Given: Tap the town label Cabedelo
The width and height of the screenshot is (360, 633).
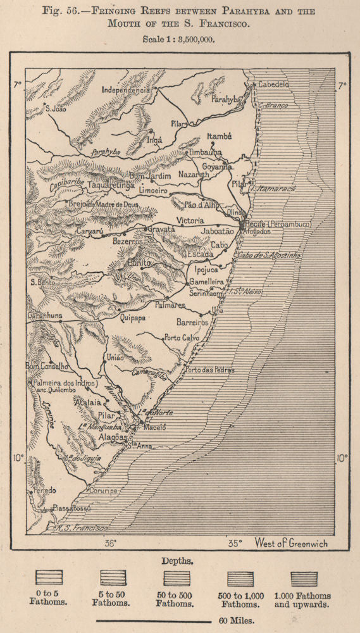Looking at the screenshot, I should (272, 84).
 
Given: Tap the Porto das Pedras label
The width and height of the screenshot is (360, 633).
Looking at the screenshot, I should (209, 369).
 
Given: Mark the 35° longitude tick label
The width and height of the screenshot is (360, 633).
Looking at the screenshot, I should (235, 543).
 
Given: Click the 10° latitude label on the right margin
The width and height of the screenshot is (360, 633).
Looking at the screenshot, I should (342, 458).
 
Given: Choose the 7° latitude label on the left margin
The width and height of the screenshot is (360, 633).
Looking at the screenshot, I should (17, 83).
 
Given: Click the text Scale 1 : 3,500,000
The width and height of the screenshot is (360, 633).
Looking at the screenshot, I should (180, 39).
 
